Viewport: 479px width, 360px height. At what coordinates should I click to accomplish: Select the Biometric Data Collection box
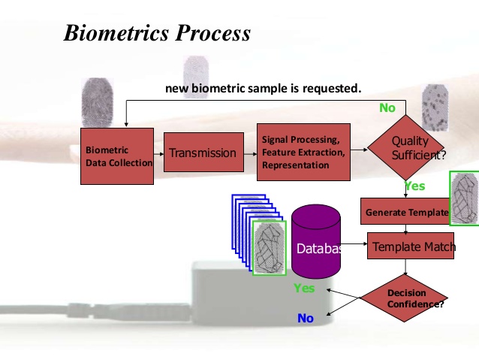click(x=117, y=156)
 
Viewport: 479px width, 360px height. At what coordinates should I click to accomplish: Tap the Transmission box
click(x=203, y=153)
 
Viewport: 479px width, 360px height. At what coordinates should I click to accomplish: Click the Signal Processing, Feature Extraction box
click(x=303, y=153)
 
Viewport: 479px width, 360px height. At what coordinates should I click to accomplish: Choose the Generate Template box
click(x=405, y=213)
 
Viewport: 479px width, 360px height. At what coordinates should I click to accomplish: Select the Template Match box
click(x=411, y=247)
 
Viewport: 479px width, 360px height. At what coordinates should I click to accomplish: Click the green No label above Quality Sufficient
click(x=387, y=108)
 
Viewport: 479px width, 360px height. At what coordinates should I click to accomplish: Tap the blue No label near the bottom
click(x=306, y=319)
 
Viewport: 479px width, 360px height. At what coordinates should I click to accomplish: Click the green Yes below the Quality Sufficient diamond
click(x=415, y=186)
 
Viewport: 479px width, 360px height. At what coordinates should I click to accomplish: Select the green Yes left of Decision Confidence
click(x=304, y=288)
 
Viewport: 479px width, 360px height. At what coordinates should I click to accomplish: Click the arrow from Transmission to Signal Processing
click(x=251, y=153)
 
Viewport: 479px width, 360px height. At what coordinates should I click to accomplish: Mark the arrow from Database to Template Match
click(x=354, y=242)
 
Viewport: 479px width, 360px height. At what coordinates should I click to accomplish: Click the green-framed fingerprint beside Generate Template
click(x=464, y=198)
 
